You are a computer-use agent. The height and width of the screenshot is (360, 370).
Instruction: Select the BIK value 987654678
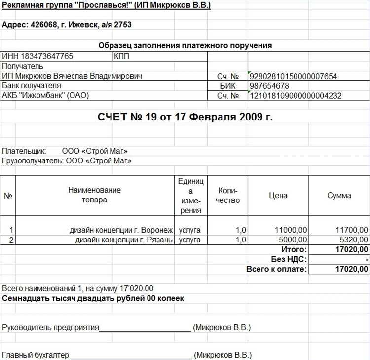click(270, 86)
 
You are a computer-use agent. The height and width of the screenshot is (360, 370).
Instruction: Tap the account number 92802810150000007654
click(294, 76)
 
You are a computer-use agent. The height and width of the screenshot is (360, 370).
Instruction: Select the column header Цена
click(278, 195)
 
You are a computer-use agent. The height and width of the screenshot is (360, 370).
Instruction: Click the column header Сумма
click(339, 195)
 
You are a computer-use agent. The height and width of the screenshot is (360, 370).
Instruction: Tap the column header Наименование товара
click(94, 195)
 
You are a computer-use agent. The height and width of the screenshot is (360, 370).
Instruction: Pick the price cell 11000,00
click(291, 230)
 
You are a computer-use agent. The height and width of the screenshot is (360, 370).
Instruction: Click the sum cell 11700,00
click(351, 230)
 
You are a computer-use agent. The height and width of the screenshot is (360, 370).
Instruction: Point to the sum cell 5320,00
click(353, 240)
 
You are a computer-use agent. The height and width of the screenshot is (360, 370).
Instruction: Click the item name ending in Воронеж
click(121, 230)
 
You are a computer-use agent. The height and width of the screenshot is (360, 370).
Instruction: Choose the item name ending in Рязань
click(124, 240)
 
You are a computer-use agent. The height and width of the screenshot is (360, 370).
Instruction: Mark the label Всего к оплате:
click(276, 269)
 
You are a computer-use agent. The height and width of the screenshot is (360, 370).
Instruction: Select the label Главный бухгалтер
click(36, 355)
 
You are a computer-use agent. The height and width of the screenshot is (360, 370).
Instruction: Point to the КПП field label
click(121, 56)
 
